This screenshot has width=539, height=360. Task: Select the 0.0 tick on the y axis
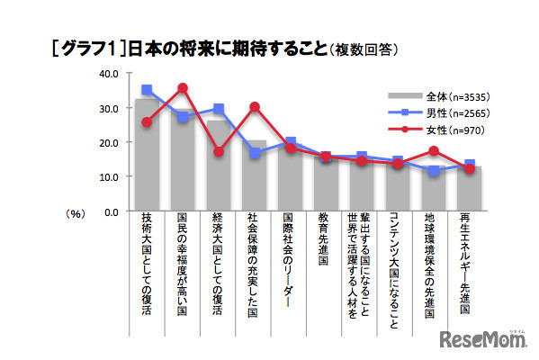(112, 211)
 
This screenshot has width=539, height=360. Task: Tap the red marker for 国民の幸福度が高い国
(183, 88)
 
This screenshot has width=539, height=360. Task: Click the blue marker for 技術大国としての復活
(147, 90)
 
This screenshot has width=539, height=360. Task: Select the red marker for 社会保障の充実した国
(255, 106)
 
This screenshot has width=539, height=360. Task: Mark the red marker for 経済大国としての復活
(219, 151)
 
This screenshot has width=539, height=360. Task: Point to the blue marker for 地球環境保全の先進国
(434, 170)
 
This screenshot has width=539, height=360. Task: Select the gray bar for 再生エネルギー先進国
(470, 189)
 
